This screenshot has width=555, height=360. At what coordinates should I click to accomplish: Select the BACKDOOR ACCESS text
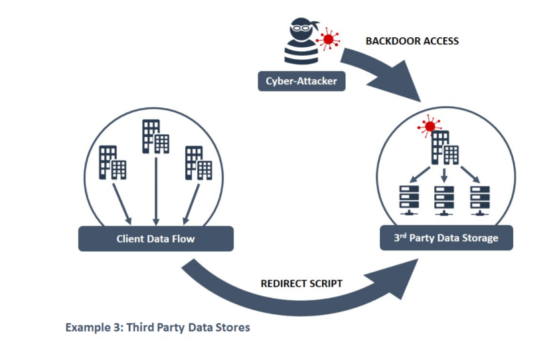[x=412, y=41]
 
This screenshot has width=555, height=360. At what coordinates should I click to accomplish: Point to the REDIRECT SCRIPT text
[x=301, y=284]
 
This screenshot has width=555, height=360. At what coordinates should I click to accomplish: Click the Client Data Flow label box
[x=155, y=238]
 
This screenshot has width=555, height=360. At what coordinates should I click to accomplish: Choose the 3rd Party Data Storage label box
[x=446, y=238]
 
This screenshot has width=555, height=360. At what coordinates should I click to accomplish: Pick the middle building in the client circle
[x=155, y=135]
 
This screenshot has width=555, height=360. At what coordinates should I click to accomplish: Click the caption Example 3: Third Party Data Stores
[x=157, y=327]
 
